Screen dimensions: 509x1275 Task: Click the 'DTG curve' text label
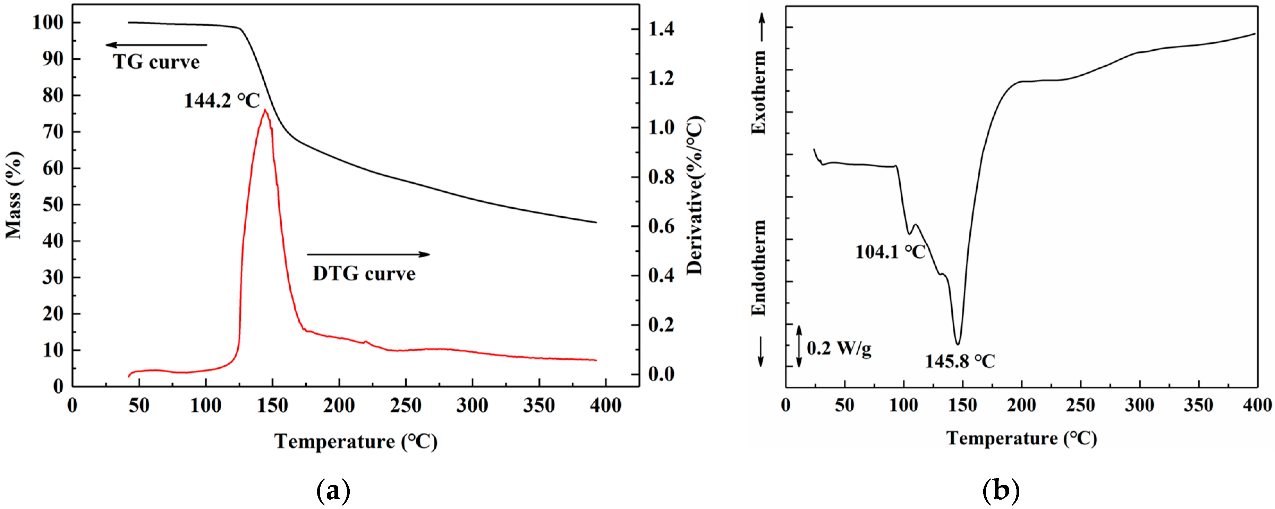pyautogui.click(x=364, y=273)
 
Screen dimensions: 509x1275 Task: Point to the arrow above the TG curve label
pyautogui.click(x=156, y=45)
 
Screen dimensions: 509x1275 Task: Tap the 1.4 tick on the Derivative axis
pyautogui.click(x=661, y=29)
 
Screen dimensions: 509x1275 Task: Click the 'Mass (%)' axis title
pyautogui.click(x=14, y=195)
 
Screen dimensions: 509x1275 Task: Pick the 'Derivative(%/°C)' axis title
pyautogui.click(x=695, y=195)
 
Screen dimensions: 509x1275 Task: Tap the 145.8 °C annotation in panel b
pyautogui.click(x=960, y=361)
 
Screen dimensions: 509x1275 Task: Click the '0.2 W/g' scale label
pyautogui.click(x=839, y=348)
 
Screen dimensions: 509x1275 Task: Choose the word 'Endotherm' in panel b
pyautogui.click(x=758, y=267)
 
